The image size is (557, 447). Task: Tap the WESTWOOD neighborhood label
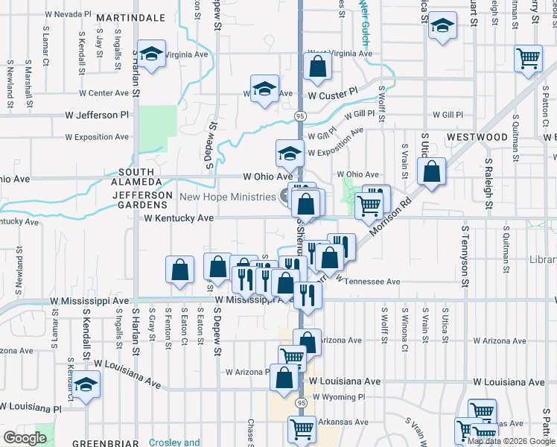[477, 137]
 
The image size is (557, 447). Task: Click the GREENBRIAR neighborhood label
[103, 443]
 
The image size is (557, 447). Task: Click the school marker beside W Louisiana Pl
[86, 386]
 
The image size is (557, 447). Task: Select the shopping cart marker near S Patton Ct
[528, 58]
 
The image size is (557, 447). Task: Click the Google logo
[25, 438]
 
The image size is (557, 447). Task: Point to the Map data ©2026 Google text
[510, 441]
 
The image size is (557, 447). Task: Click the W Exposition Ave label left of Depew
[97, 137]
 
